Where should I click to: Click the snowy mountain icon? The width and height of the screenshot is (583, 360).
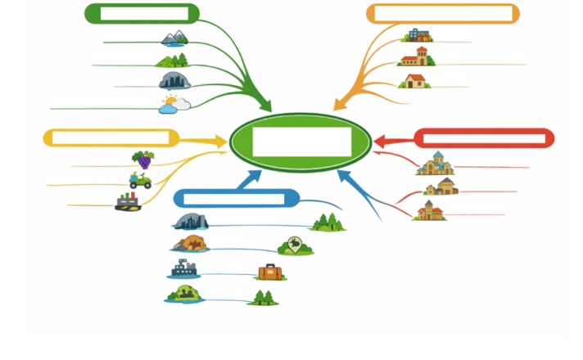click(x=174, y=38)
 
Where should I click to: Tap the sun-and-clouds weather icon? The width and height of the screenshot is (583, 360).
click(x=174, y=104)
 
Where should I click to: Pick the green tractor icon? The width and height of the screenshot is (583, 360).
click(x=140, y=181)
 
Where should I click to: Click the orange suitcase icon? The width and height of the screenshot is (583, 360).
click(x=269, y=272)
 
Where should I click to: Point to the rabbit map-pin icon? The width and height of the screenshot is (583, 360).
click(x=295, y=245)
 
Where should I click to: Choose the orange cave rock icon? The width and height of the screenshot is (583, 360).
click(x=190, y=243)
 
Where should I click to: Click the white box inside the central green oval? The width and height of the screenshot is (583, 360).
click(x=301, y=142)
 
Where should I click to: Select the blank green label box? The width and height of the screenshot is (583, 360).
click(x=142, y=14)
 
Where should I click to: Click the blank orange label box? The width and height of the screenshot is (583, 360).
click(x=442, y=14)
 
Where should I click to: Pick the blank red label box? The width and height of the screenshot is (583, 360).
click(x=484, y=138)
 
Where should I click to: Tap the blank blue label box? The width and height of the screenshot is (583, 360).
click(x=235, y=198)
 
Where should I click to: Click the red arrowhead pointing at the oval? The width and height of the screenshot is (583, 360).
click(x=381, y=140)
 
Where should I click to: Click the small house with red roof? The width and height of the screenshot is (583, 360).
click(x=415, y=80)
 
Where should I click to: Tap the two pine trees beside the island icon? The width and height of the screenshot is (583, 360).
click(x=263, y=297)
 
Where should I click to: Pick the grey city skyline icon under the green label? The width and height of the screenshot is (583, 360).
click(x=174, y=80)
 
